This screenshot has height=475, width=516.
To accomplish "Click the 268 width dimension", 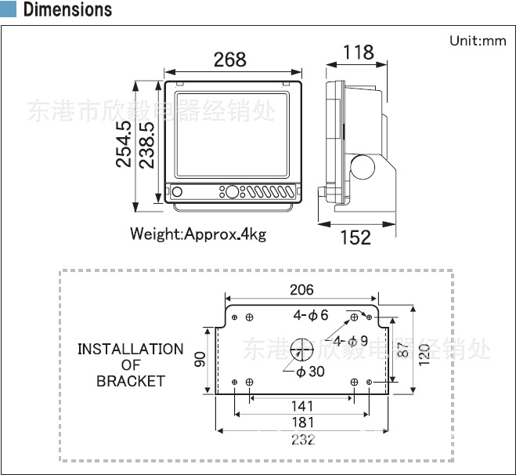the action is (x=229, y=60).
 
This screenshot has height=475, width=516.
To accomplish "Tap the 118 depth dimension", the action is (x=359, y=53).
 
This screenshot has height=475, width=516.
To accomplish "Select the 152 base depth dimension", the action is (x=355, y=237).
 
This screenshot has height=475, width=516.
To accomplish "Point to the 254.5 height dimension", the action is (x=124, y=144).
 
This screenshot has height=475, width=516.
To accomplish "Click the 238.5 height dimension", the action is (x=146, y=145).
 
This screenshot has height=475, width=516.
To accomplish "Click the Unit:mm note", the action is (x=478, y=41).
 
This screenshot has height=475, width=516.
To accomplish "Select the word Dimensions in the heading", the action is (x=68, y=9).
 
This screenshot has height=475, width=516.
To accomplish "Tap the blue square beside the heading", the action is (x=9, y=9).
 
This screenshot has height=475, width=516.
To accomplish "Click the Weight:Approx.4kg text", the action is (x=198, y=234).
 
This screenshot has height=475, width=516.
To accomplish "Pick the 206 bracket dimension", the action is (x=301, y=290).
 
